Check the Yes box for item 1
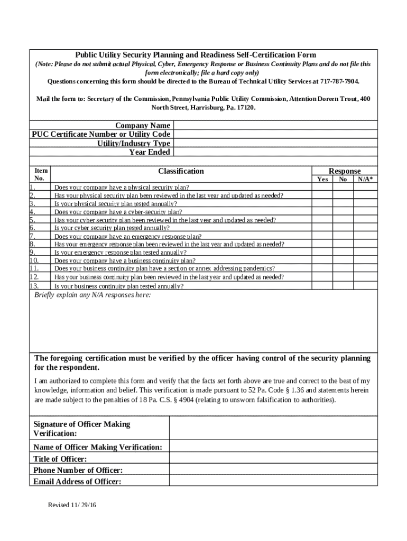click(x=322, y=187)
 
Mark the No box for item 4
click(x=343, y=212)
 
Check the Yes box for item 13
click(x=322, y=286)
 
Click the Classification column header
click(x=181, y=171)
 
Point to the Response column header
click(x=345, y=171)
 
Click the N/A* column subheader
click(x=365, y=179)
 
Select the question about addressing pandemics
click(x=164, y=268)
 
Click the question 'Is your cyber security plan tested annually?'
click(x=112, y=228)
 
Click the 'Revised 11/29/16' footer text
click(x=72, y=505)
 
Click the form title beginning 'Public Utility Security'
click(x=196, y=55)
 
